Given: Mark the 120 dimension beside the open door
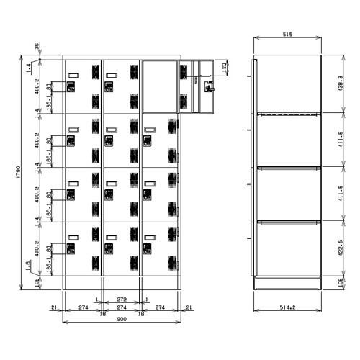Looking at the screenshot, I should point(225,68).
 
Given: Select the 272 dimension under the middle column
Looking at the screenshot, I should point(122,297).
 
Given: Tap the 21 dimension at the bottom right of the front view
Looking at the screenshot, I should point(189,307).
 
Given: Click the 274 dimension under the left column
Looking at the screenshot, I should point(84,307).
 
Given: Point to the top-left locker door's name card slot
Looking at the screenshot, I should point(73,73).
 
